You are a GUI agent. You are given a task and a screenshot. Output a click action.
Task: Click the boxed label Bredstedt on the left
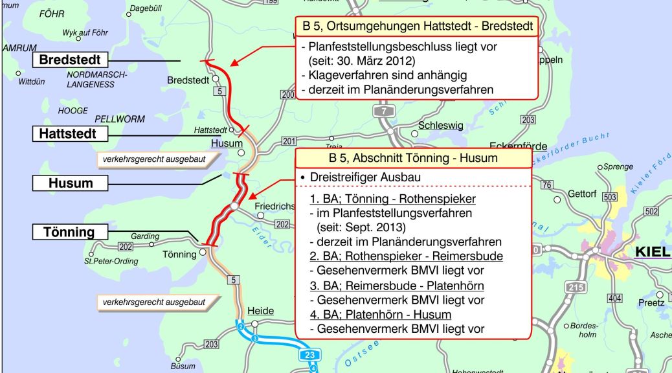[x=70, y=60]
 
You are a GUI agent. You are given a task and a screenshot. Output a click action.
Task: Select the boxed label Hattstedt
[x=68, y=134]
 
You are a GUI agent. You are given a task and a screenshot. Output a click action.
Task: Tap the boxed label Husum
[x=71, y=183]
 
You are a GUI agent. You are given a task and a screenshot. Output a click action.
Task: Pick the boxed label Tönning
[x=69, y=232]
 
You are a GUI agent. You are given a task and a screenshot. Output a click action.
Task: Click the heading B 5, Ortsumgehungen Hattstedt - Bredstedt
[x=418, y=27]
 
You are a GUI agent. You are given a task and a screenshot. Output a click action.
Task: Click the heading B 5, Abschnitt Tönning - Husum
[x=413, y=158]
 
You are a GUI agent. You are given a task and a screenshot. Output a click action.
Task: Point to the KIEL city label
[x=653, y=252]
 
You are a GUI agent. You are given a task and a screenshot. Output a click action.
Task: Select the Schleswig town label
[x=441, y=126]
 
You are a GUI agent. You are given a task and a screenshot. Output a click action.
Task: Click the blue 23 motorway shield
[x=310, y=355]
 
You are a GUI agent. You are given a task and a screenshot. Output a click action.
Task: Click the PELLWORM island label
[x=120, y=119]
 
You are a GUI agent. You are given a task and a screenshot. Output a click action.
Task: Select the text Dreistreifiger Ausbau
[x=364, y=177]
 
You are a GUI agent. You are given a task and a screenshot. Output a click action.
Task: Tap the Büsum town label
[x=183, y=366]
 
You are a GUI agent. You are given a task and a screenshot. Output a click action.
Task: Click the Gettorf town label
[x=582, y=194]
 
